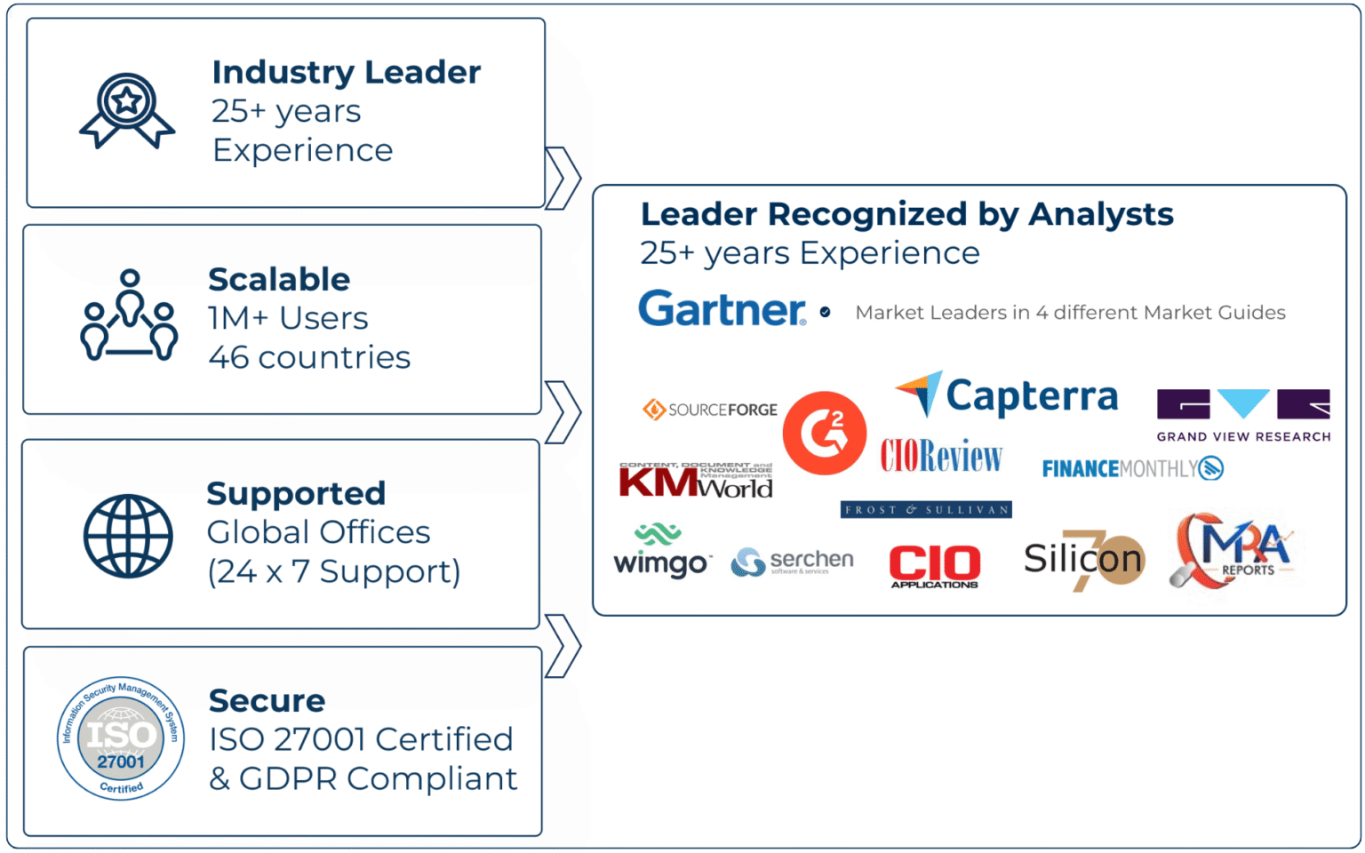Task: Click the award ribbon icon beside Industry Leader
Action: (127, 110)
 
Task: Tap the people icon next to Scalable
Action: (130, 316)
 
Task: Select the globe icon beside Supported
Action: (128, 536)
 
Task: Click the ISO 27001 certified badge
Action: (121, 737)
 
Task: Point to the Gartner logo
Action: (722, 309)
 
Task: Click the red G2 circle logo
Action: (824, 433)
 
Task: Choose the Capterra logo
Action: (1007, 395)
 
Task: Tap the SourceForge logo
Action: (710, 410)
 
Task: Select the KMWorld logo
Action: (696, 481)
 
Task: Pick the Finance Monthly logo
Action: (1132, 468)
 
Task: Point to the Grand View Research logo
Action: (1243, 415)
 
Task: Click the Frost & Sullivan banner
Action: (926, 510)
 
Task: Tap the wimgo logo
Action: (661, 553)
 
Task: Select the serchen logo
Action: (792, 562)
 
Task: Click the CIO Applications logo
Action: (935, 566)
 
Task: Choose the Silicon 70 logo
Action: (1083, 560)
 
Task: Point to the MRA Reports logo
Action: (1233, 550)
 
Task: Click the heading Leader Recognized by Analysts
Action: (906, 214)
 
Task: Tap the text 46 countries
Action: (309, 357)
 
